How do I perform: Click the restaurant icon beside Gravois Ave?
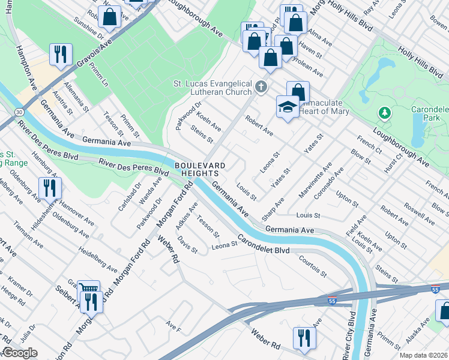pos(61,55)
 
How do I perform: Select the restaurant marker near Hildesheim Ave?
pos(49,188)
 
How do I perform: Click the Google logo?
pos(20,353)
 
